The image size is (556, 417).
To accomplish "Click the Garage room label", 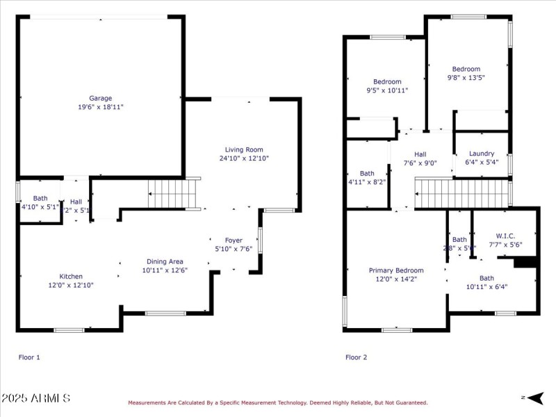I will pos(100,98).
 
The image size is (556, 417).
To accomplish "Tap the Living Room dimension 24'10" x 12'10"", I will pos(244,158).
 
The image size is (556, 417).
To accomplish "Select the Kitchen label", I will pos(71,276).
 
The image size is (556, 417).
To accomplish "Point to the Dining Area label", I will pos(165,261).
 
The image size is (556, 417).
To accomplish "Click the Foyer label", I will pos(234,240).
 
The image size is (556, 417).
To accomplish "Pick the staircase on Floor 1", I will pos(174,193).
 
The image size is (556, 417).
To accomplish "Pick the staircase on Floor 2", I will pos(461,193).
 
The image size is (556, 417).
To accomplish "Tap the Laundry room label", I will pos(482,154).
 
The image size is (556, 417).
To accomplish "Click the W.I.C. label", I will pos(505,236).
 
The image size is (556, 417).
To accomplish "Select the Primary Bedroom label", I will pos(396,270).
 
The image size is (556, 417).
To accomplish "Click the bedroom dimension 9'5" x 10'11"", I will pos(387,90).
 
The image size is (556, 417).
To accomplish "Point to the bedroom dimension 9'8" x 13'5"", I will pos(466,78).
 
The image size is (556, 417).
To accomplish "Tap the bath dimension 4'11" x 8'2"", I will pos(367,182).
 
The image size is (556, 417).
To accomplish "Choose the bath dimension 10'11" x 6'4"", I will pos(486,286).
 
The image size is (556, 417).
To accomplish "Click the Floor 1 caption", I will pos(29,357).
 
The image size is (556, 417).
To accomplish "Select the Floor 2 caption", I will pos(357,357).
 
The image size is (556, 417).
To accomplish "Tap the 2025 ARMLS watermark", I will pos(35,398).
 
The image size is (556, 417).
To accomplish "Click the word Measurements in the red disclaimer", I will pos(147,402).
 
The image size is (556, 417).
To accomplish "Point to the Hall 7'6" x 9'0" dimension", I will pos(420,163).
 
